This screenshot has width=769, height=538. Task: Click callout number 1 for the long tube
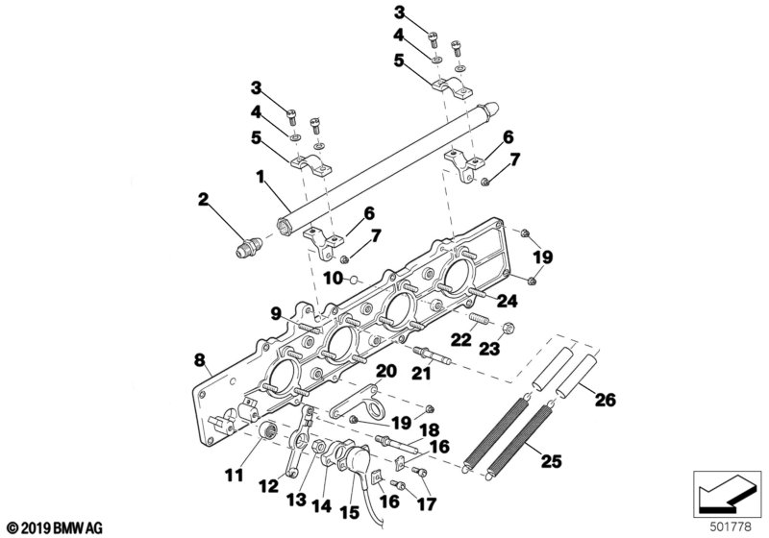click(260, 176)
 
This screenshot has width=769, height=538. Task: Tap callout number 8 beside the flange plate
click(199, 360)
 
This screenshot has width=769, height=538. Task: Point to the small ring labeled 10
click(355, 281)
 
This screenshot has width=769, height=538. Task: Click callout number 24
click(507, 301)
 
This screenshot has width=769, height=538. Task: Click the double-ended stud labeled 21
click(430, 355)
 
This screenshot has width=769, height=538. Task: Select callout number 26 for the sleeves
click(606, 400)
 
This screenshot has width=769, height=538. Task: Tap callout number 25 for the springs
click(551, 461)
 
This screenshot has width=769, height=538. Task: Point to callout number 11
click(234, 475)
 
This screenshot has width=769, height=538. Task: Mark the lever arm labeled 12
click(300, 441)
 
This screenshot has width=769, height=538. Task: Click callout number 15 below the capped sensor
click(350, 512)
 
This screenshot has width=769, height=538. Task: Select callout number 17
click(426, 503)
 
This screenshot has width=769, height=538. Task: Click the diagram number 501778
click(731, 527)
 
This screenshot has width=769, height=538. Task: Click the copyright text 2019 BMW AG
click(55, 528)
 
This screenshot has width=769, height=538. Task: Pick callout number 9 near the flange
click(276, 313)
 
